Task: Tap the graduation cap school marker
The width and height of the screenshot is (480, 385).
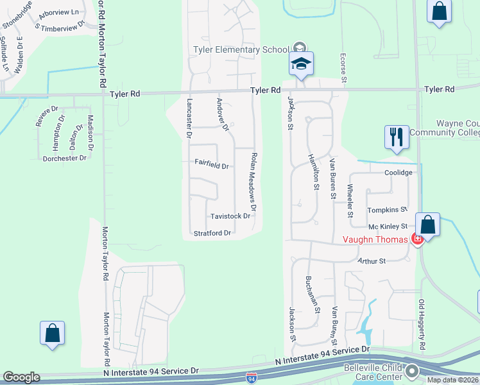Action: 300,64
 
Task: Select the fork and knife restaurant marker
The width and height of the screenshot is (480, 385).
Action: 396,137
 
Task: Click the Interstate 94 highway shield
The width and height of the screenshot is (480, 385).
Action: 252,378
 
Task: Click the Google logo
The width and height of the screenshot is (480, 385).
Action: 22,377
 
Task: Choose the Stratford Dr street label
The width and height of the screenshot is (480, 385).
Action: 212,234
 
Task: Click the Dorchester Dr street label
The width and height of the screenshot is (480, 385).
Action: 64,158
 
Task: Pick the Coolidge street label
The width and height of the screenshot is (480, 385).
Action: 399,173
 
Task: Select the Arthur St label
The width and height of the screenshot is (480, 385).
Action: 372,261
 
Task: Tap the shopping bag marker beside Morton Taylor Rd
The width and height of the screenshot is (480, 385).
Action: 52,334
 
